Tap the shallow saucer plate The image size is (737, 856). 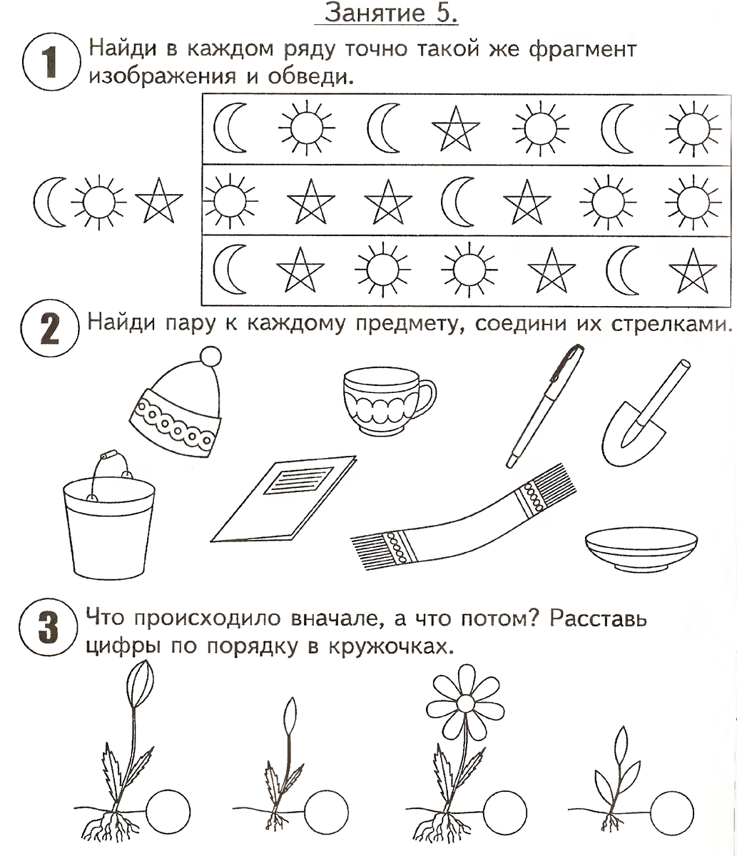pyautogui.click(x=640, y=548)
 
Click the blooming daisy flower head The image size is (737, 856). pyautogui.click(x=465, y=703)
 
